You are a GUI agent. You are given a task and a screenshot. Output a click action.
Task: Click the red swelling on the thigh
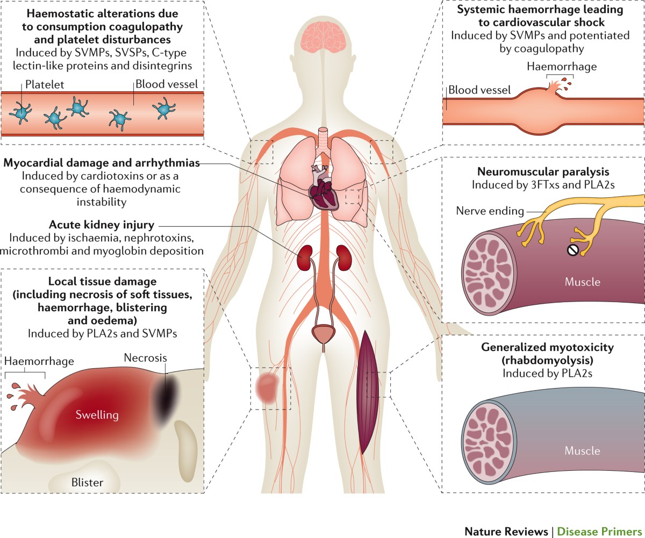(266, 388)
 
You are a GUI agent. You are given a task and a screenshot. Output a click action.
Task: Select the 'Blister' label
(87, 482)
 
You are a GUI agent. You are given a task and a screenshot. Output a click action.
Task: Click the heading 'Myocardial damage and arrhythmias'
(102, 162)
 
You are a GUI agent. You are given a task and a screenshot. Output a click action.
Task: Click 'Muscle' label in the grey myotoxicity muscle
(582, 451)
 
